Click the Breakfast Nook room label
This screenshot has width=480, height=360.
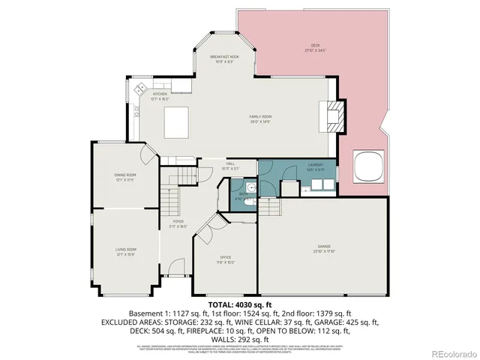point(224,57)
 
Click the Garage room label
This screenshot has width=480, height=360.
point(323,247)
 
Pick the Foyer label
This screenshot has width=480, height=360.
point(178,222)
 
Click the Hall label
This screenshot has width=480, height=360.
point(231,165)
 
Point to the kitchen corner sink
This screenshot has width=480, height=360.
point(139,90)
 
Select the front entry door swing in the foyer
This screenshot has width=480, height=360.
point(175,266)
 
